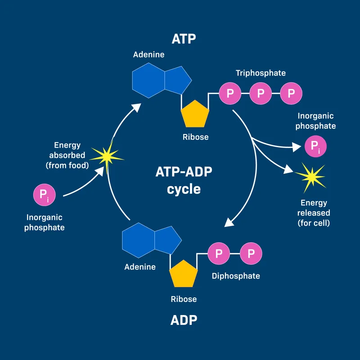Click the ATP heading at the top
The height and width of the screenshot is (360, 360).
click(184, 39)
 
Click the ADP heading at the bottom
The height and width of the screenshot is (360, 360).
click(184, 320)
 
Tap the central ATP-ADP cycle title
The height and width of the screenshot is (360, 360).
click(184, 180)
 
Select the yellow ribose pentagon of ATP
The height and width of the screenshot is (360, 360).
click(195, 114)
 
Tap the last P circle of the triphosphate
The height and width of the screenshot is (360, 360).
click(291, 94)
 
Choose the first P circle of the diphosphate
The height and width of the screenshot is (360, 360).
click(219, 254)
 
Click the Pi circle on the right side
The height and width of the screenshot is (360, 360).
click(315, 147)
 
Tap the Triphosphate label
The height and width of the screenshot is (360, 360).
click(261, 73)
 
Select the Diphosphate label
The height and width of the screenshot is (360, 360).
click(236, 276)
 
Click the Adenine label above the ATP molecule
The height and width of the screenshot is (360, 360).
click(149, 55)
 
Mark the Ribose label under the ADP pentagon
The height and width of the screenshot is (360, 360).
click(184, 298)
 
